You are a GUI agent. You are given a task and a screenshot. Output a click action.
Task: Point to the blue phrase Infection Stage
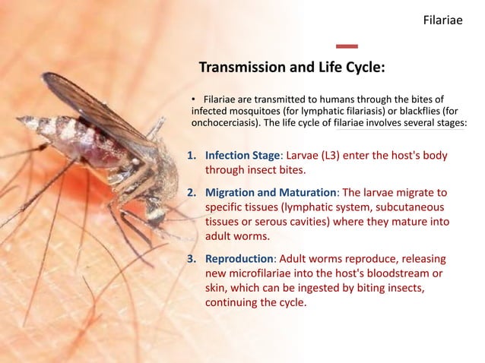(242, 156)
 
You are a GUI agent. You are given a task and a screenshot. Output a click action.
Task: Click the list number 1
(192, 156)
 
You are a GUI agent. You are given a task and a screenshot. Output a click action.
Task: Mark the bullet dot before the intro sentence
(194, 99)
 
